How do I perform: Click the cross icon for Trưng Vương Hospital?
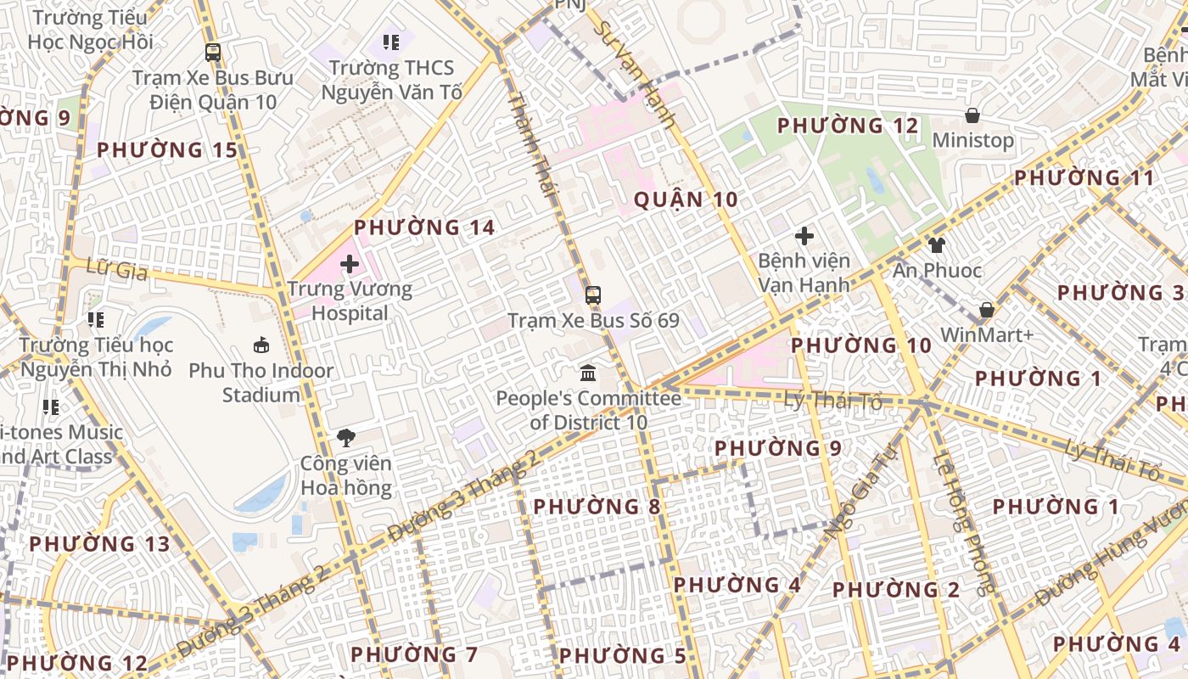(x=349, y=264)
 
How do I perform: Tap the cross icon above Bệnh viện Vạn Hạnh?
(x=804, y=236)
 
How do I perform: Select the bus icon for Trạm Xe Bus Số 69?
(x=593, y=295)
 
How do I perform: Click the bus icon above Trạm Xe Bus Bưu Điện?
(x=213, y=53)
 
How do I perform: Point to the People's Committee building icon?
(x=587, y=373)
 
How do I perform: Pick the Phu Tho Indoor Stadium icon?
(x=261, y=345)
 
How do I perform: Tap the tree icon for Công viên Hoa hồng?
(x=346, y=438)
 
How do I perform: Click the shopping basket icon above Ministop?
(x=972, y=115)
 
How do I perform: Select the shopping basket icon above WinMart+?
(x=986, y=310)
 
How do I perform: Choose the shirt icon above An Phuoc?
(x=936, y=245)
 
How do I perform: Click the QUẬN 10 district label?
(x=686, y=200)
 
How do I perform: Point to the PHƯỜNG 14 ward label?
(x=424, y=227)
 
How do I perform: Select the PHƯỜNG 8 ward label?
(x=597, y=507)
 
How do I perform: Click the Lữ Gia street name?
(x=117, y=271)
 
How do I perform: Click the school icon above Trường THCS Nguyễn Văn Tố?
(x=391, y=42)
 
